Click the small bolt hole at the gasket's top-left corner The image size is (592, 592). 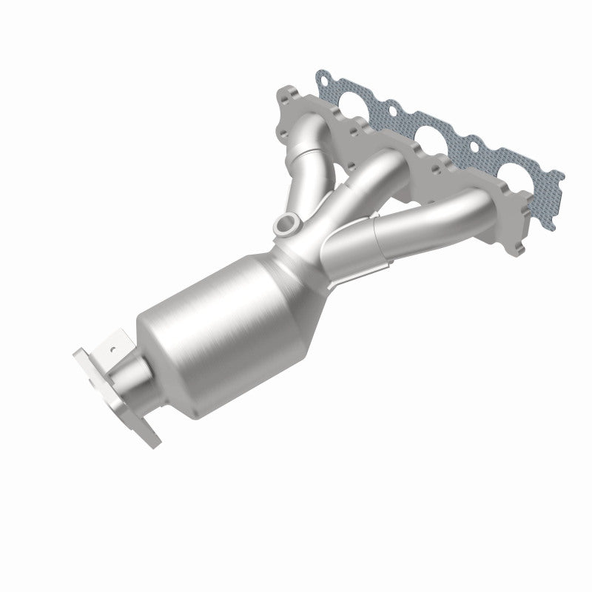point(323,76)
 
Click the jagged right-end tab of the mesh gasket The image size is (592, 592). point(555,185)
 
